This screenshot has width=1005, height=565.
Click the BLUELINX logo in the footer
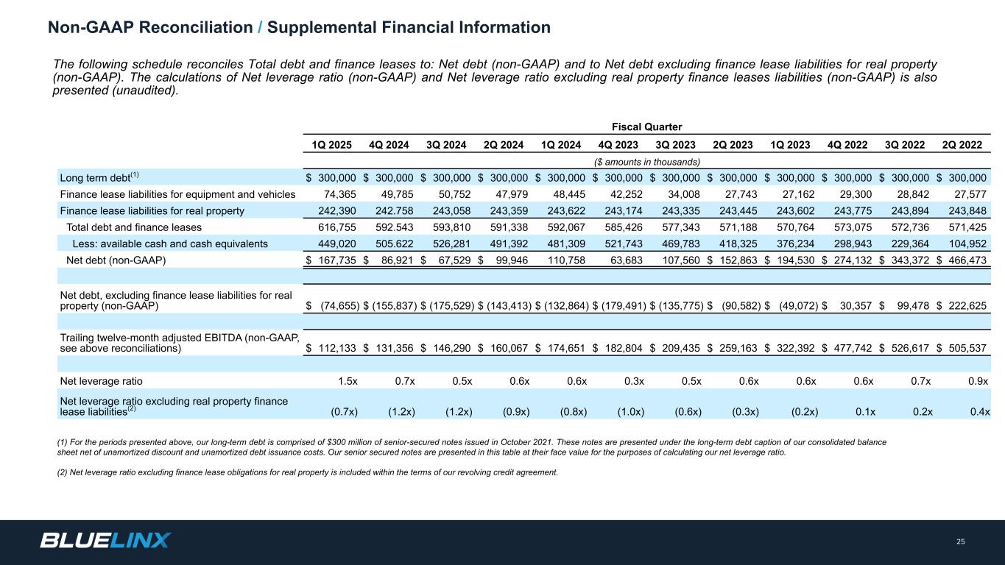pos(105,541)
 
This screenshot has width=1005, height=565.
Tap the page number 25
pos(960,542)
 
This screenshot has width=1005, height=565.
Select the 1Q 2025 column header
pos(330,145)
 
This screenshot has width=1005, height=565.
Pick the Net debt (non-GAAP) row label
pos(112,260)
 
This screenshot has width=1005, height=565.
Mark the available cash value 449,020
pos(338,244)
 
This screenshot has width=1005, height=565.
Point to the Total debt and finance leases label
pos(134,227)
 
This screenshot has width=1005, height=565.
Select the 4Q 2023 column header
pos(616,145)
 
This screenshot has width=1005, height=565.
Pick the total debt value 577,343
pos(682,227)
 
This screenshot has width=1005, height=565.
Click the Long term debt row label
pos(95,177)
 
